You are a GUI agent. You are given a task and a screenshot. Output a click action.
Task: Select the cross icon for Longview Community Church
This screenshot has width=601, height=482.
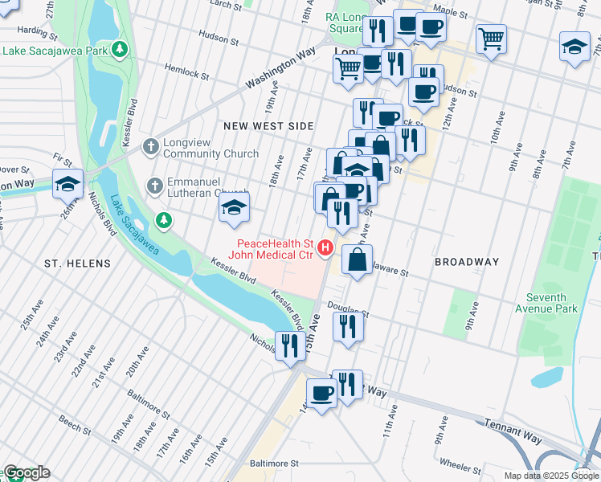150,147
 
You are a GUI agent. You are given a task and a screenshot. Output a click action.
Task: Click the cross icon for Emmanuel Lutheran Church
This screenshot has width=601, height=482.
155,186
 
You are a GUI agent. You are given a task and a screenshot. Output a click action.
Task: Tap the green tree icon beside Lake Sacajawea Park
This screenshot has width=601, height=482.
120,50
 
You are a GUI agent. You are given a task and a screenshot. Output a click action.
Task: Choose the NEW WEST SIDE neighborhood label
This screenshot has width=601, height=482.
268,126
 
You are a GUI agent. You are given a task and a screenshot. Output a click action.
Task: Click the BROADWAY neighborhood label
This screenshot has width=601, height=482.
467,262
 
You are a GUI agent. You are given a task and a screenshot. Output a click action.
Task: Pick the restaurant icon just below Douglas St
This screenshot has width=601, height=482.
348,326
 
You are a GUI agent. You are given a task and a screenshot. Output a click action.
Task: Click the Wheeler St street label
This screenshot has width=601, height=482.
460,464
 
